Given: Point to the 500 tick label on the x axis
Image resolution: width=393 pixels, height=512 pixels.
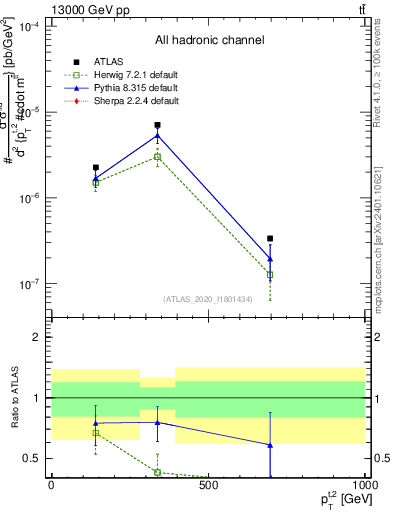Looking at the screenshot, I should pyautogui.click(x=208, y=485).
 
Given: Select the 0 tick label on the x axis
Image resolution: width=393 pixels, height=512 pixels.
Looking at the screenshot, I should pyautogui.click(x=51, y=485).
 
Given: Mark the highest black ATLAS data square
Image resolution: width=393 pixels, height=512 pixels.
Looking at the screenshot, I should pyautogui.click(x=157, y=126).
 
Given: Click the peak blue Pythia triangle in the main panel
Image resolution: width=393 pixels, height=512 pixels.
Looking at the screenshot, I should pyautogui.click(x=157, y=135).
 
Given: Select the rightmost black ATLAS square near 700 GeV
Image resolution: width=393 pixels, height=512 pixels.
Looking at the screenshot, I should pyautogui.click(x=270, y=239).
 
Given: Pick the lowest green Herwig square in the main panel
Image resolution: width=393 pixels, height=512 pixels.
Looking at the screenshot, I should pyautogui.click(x=270, y=274).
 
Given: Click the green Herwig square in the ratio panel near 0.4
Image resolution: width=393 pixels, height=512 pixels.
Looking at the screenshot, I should pyautogui.click(x=157, y=472).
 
